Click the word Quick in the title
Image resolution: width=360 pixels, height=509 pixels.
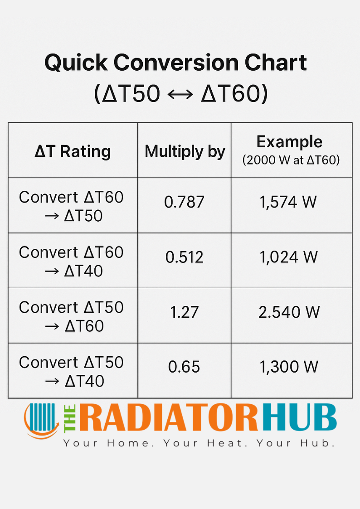coord(76,63)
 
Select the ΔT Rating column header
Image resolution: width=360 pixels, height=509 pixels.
coord(73,151)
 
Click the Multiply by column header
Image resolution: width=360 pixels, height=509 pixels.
coord(185,152)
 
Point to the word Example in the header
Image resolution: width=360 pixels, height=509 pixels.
coord(290,142)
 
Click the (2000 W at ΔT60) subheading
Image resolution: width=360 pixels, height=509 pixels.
coord(291,160)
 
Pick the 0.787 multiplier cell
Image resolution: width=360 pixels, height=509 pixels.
coord(184,202)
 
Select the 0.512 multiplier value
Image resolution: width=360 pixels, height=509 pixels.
coord(184,257)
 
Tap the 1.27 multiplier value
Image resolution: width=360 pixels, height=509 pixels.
coord(184,312)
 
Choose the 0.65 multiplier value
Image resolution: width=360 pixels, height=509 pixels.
coord(184,367)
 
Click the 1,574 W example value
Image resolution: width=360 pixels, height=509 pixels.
coord(288,202)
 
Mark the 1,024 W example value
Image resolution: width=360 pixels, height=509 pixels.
coord(288,257)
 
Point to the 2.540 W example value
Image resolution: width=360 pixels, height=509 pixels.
coord(289,312)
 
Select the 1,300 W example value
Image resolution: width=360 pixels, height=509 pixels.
coord(289,367)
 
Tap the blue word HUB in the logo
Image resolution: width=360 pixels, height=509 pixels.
coord(300,417)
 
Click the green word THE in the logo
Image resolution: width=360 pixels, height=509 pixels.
coord(70,419)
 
